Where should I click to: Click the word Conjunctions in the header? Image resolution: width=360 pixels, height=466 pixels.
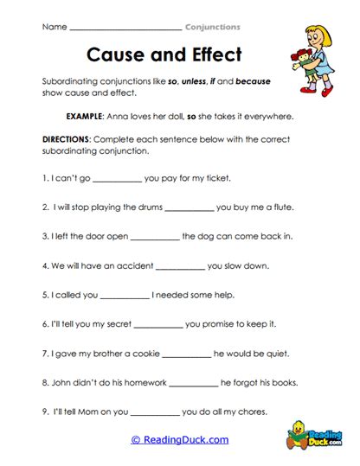pos(213,27)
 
